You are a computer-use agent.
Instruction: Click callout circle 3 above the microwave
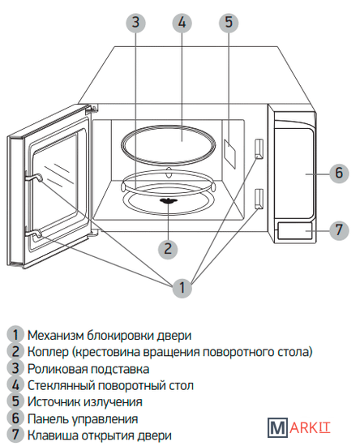click(136, 22)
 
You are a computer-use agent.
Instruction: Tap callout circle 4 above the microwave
click(182, 22)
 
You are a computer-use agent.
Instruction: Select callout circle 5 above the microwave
click(229, 22)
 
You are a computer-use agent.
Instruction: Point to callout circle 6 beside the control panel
click(339, 173)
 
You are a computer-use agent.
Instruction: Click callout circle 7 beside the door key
click(339, 229)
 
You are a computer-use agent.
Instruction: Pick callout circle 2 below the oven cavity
click(168, 249)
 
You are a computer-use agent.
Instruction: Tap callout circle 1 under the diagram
click(182, 288)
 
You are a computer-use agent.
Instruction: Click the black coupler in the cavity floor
click(169, 201)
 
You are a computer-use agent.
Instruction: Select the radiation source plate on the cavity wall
click(229, 154)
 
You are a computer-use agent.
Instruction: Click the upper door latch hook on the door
click(34, 178)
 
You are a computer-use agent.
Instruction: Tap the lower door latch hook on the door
click(34, 234)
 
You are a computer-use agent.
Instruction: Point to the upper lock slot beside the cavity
click(259, 148)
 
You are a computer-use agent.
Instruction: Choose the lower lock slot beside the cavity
click(259, 199)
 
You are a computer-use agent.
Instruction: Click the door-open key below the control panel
click(294, 230)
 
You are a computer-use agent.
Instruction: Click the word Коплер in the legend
click(48, 353)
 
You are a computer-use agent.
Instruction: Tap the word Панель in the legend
click(47, 419)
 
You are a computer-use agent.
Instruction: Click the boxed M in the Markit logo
click(277, 427)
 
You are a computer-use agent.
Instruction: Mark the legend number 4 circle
click(16, 385)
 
